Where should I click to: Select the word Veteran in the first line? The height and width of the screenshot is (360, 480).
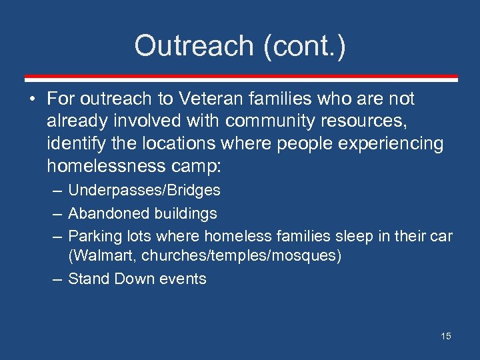(x=206, y=99)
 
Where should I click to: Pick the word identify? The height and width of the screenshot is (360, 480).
(x=74, y=143)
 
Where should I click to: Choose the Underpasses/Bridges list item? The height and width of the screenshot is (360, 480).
(x=144, y=191)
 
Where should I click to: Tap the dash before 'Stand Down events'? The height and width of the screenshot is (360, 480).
(x=57, y=279)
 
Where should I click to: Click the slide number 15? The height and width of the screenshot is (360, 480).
(x=445, y=336)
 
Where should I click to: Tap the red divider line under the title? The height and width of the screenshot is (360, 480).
(x=240, y=78)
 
